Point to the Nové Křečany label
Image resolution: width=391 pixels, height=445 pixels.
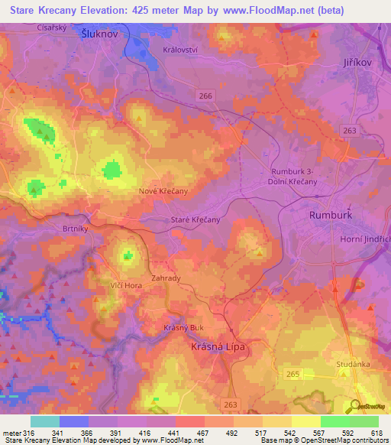163,191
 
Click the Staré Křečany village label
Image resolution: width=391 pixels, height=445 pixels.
195,219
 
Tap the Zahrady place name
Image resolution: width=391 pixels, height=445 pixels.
166,278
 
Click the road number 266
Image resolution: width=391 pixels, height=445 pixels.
205,95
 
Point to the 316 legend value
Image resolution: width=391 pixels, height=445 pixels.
28,431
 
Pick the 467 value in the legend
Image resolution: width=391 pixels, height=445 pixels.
204,431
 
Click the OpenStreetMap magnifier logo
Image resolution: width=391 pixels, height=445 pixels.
355,406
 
